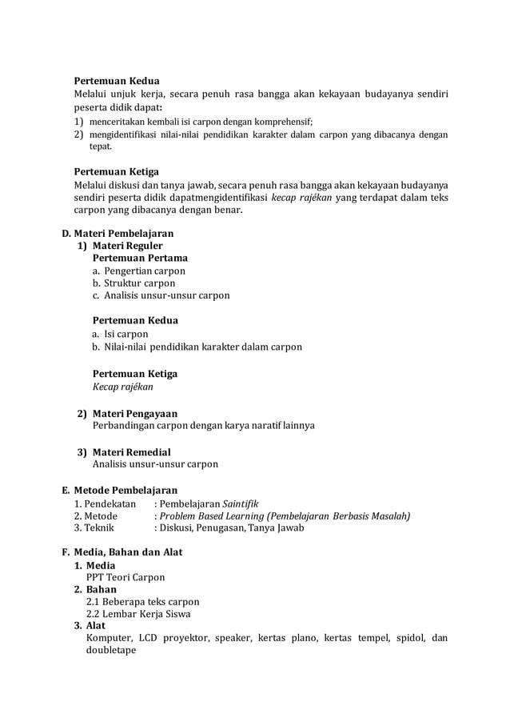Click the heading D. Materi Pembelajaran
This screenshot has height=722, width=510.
(118, 234)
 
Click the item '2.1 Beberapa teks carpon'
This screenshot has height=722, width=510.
(142, 602)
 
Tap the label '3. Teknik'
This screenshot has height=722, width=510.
(94, 528)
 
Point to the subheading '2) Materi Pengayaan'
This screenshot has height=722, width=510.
(127, 413)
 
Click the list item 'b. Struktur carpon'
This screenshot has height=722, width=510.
(134, 283)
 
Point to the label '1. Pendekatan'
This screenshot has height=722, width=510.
(105, 503)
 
